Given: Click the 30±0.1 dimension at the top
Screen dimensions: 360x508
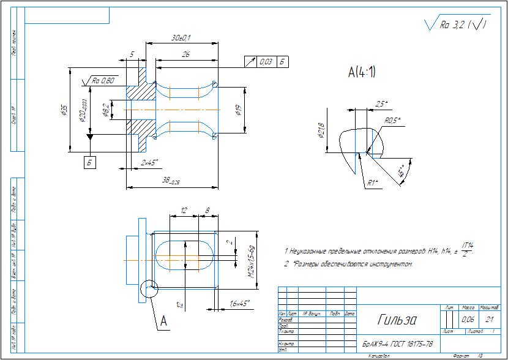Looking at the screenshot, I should coord(181,38).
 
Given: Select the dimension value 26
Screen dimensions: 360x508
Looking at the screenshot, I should coord(185,54).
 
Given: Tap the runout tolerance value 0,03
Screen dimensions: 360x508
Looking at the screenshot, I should coord(266,62).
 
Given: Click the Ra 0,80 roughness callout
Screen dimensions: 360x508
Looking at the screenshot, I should coord(103,81).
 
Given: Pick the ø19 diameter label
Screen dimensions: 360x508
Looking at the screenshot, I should coord(237,110).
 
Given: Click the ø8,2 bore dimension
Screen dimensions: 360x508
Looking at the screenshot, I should coord(106,110).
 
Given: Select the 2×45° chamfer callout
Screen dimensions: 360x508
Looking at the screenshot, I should coord(149,162).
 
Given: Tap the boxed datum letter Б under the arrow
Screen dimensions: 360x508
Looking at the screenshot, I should coord(90,162).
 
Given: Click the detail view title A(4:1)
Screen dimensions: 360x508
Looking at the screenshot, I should coord(362,73).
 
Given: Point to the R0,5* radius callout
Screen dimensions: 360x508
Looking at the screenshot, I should coord(392,121).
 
